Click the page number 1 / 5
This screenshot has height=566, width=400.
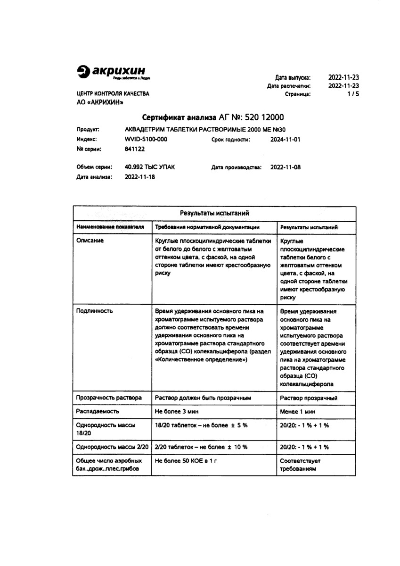pyautogui.click(x=353, y=94)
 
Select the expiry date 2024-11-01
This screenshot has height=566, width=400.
pyautogui.click(x=285, y=140)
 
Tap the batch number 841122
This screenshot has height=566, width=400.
pyautogui.click(x=135, y=149)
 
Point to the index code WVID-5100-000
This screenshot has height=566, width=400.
pyautogui.click(x=146, y=140)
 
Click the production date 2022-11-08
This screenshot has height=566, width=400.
pyautogui.click(x=285, y=167)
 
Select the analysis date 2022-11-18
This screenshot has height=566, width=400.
pyautogui.click(x=139, y=177)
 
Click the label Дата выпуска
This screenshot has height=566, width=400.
pyautogui.click(x=293, y=77)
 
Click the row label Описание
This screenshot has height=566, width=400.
pyautogui.click(x=90, y=241)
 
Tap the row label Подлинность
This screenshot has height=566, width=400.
pyautogui.click(x=94, y=311)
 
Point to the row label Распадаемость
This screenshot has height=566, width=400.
pyautogui.click(x=96, y=411)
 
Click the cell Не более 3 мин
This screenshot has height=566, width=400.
pyautogui.click(x=177, y=411)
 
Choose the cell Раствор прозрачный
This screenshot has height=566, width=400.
pyautogui.click(x=308, y=398)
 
